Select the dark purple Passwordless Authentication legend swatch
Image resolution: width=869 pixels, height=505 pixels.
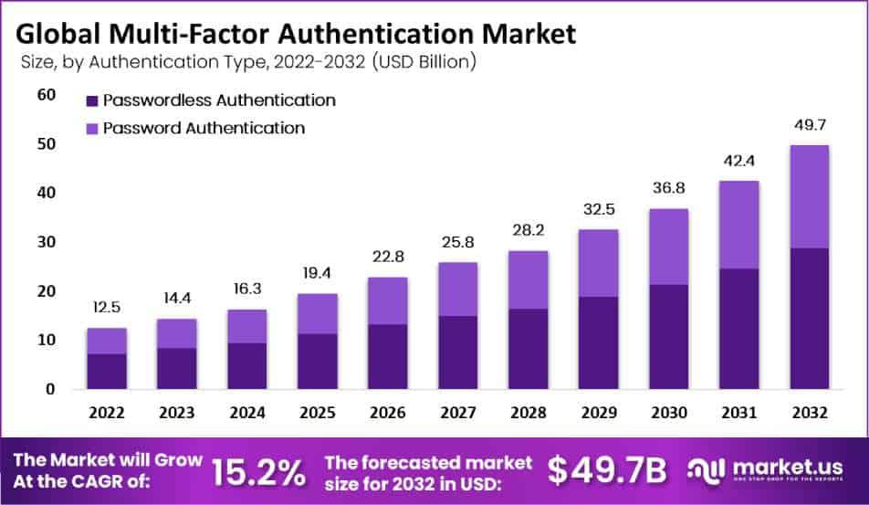(91, 100)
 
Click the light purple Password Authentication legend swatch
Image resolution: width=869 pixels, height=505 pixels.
(91, 128)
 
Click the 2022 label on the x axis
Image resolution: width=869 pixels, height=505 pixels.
(107, 412)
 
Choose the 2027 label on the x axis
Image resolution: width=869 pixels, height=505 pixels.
(457, 412)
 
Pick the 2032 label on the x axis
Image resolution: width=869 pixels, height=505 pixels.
(809, 412)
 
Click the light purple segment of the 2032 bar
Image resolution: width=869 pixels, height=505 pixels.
(809, 196)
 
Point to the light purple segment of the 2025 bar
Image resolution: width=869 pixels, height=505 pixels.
(317, 313)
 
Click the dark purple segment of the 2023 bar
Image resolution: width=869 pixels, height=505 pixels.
(177, 368)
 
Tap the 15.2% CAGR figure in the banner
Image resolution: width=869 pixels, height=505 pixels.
(258, 472)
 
